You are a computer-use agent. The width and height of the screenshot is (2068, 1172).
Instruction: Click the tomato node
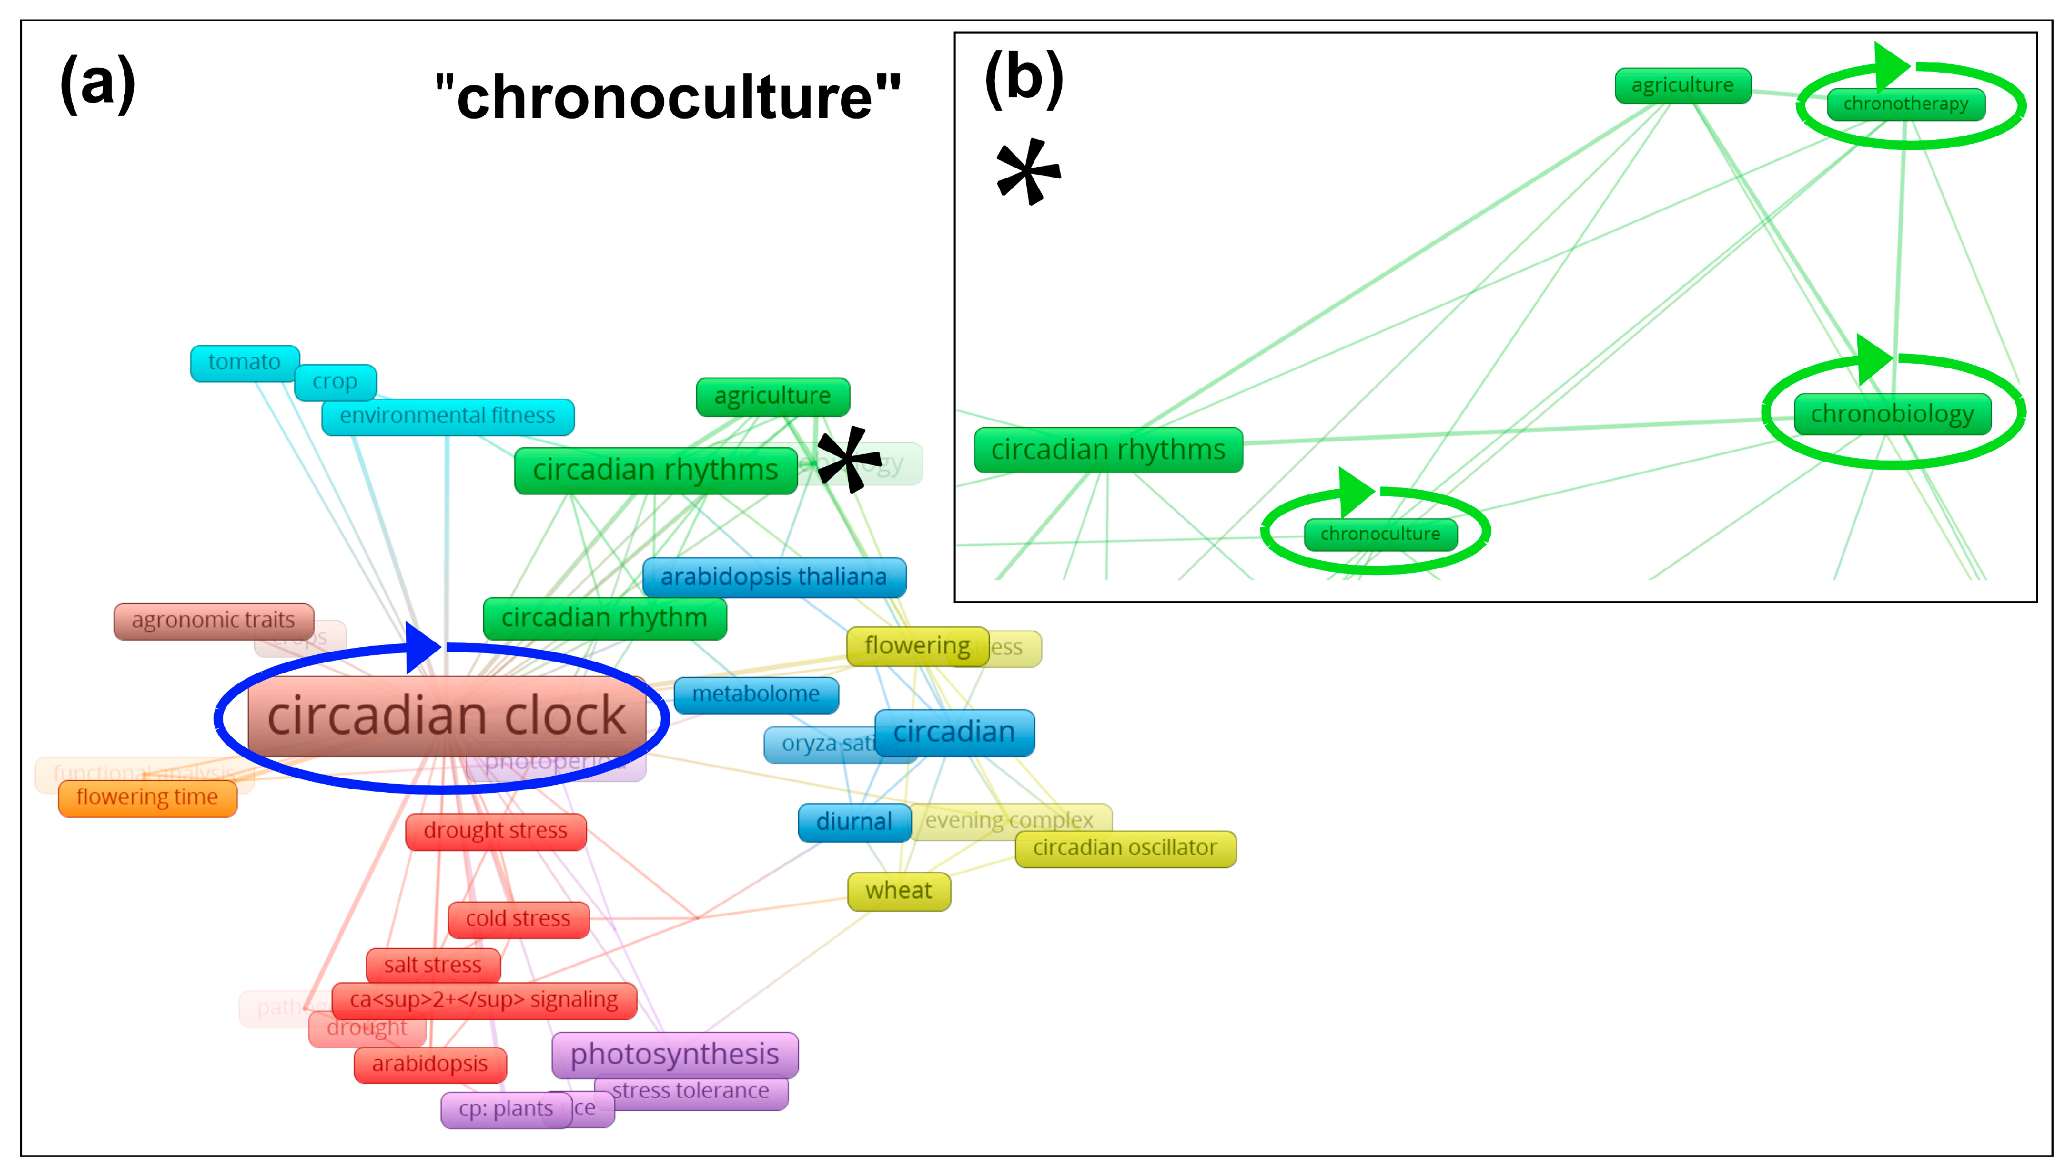pyautogui.click(x=245, y=363)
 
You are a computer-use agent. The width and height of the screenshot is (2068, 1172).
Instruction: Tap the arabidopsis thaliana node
pyautogui.click(x=773, y=577)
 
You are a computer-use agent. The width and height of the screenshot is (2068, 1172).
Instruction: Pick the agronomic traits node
pyautogui.click(x=213, y=620)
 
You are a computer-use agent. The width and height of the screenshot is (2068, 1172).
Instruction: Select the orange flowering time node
pyautogui.click(x=147, y=798)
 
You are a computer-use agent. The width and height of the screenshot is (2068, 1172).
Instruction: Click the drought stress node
pyautogui.click(x=496, y=832)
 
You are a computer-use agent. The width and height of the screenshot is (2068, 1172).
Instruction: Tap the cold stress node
pyautogui.click(x=517, y=919)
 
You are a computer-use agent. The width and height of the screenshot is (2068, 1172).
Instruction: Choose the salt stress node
pyautogui.click(x=433, y=965)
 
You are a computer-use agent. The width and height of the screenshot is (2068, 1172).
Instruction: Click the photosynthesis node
pyautogui.click(x=674, y=1055)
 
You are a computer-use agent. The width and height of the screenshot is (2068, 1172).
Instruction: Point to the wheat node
pyautogui.click(x=899, y=891)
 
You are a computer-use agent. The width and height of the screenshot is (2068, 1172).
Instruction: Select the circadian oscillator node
pyautogui.click(x=1125, y=848)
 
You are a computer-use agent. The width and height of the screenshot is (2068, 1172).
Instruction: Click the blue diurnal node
pyautogui.click(x=854, y=822)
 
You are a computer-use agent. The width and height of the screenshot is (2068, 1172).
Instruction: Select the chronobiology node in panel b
pyautogui.click(x=1892, y=415)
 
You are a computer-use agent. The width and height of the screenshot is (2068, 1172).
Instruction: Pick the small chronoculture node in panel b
pyautogui.click(x=1380, y=534)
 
